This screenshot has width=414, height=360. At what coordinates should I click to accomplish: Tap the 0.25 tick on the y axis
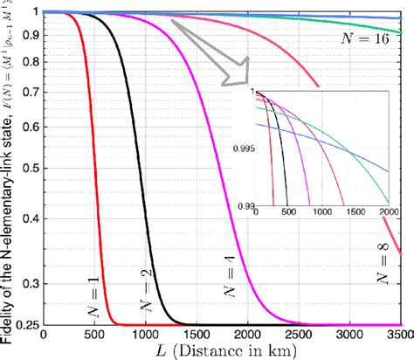(x=29, y=324)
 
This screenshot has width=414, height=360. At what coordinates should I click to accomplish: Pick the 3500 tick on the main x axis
(x=401, y=335)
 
